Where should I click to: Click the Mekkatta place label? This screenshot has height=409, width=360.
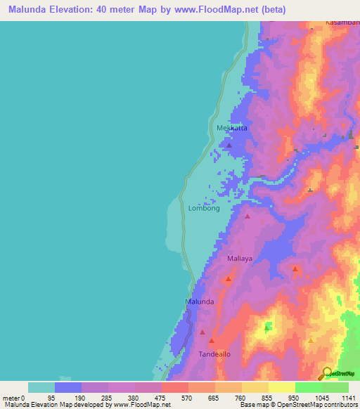232,128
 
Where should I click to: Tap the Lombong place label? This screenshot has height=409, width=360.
204,209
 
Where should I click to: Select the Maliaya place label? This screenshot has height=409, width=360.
239,259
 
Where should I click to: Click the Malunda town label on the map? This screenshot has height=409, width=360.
199,301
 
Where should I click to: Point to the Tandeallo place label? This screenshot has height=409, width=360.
214,354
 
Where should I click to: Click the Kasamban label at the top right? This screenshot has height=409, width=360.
342,23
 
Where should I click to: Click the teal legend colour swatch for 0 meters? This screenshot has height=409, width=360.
41,387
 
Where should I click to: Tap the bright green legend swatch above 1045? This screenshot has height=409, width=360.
308,387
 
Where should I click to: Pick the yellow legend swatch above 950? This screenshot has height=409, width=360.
281,387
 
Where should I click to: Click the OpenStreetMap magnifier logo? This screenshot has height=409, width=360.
326,373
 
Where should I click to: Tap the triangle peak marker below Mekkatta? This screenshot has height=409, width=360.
229,145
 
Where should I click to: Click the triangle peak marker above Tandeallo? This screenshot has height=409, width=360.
202,332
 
